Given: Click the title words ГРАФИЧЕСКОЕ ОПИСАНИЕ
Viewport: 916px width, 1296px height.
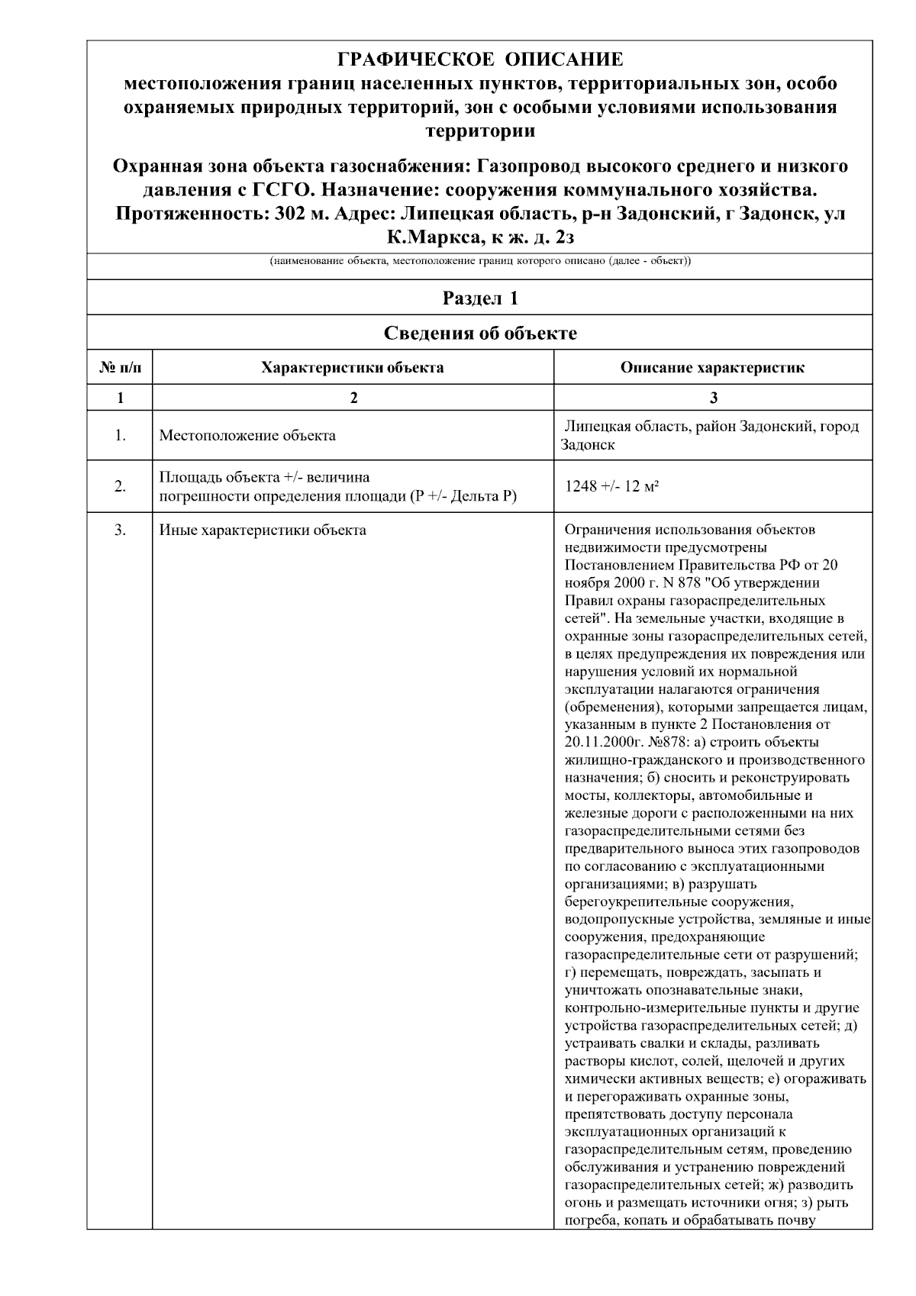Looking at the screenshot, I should click(x=480, y=60).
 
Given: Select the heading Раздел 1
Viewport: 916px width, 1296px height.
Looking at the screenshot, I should click(x=480, y=298).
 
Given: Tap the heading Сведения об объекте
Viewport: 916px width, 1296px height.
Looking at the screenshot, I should click(x=480, y=333).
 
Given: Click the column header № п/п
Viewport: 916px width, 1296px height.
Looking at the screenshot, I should click(x=120, y=368).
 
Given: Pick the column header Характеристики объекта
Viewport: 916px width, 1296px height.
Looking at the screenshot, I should click(x=353, y=368).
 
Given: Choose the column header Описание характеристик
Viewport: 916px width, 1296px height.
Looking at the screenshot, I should click(x=712, y=368).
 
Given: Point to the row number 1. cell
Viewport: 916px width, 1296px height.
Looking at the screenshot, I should click(x=120, y=436).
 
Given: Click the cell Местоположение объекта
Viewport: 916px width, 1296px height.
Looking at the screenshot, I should click(x=247, y=436).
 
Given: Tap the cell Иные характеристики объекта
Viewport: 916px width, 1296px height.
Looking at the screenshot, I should click(x=263, y=530).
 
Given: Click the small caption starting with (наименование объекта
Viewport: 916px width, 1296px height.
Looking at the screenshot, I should click(x=480, y=262).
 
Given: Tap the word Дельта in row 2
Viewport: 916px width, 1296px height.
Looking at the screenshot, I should click(x=476, y=497).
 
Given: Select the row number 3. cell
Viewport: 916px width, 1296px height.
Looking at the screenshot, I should click(x=120, y=530).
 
